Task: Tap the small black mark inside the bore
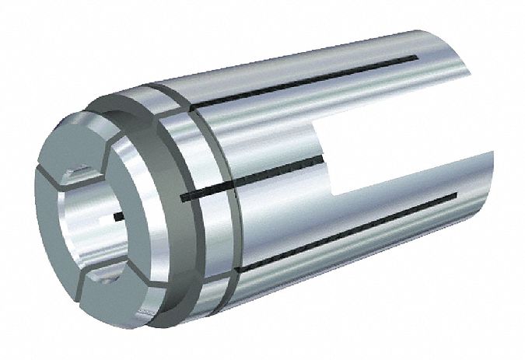click(118, 215)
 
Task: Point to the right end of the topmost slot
click(420, 59)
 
